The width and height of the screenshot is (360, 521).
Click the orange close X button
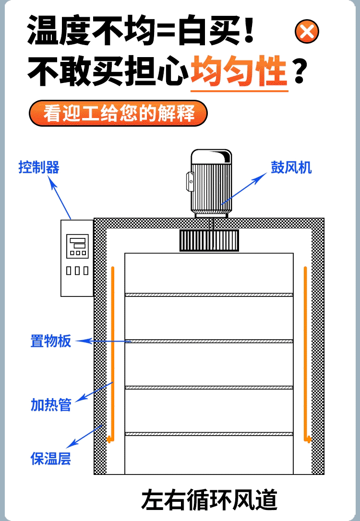[x=307, y=32]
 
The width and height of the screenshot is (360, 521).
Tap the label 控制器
[x=39, y=167]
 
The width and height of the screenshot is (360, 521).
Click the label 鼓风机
[x=291, y=167]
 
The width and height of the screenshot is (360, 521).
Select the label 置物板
[x=51, y=341]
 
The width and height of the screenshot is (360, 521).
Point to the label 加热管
[x=51, y=405]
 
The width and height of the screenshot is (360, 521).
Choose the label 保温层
[x=51, y=459]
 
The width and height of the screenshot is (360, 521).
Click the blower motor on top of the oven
[x=211, y=183]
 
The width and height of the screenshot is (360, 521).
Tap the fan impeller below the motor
[x=209, y=240]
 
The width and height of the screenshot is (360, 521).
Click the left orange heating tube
[x=112, y=354]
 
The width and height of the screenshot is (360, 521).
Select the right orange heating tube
[x=305, y=354]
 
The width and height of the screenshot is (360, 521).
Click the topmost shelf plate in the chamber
[x=209, y=295]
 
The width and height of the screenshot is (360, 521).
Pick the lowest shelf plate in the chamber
[x=209, y=434]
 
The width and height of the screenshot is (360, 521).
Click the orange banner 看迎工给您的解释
[x=119, y=113]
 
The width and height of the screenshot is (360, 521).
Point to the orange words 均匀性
[x=239, y=71]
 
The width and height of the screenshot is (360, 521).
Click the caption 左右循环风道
[x=209, y=500]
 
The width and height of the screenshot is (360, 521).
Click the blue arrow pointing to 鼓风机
[x=244, y=189]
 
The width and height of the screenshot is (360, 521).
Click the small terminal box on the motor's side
[x=190, y=181]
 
